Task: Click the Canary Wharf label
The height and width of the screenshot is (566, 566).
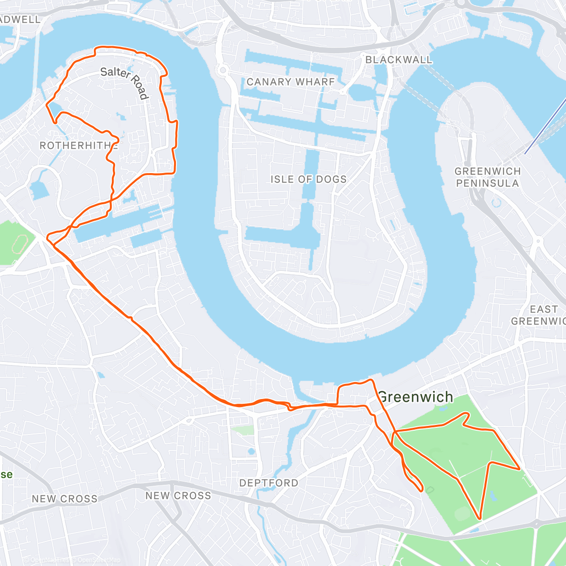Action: point(291,82)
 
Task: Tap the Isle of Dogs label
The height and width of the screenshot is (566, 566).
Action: point(308,179)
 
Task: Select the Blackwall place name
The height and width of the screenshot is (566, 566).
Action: point(399,60)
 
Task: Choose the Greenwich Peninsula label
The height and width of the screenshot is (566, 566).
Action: point(488,177)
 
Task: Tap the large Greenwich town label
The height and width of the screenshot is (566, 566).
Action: point(416,397)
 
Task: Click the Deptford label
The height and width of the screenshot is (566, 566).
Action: point(269,483)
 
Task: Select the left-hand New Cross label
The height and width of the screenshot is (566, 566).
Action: point(65,499)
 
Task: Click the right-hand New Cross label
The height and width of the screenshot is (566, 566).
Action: point(178,496)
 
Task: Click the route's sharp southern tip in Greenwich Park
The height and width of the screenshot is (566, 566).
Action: point(480,518)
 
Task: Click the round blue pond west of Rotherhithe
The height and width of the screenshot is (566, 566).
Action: point(38,188)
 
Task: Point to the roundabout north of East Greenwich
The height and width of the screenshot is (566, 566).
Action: point(538,241)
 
